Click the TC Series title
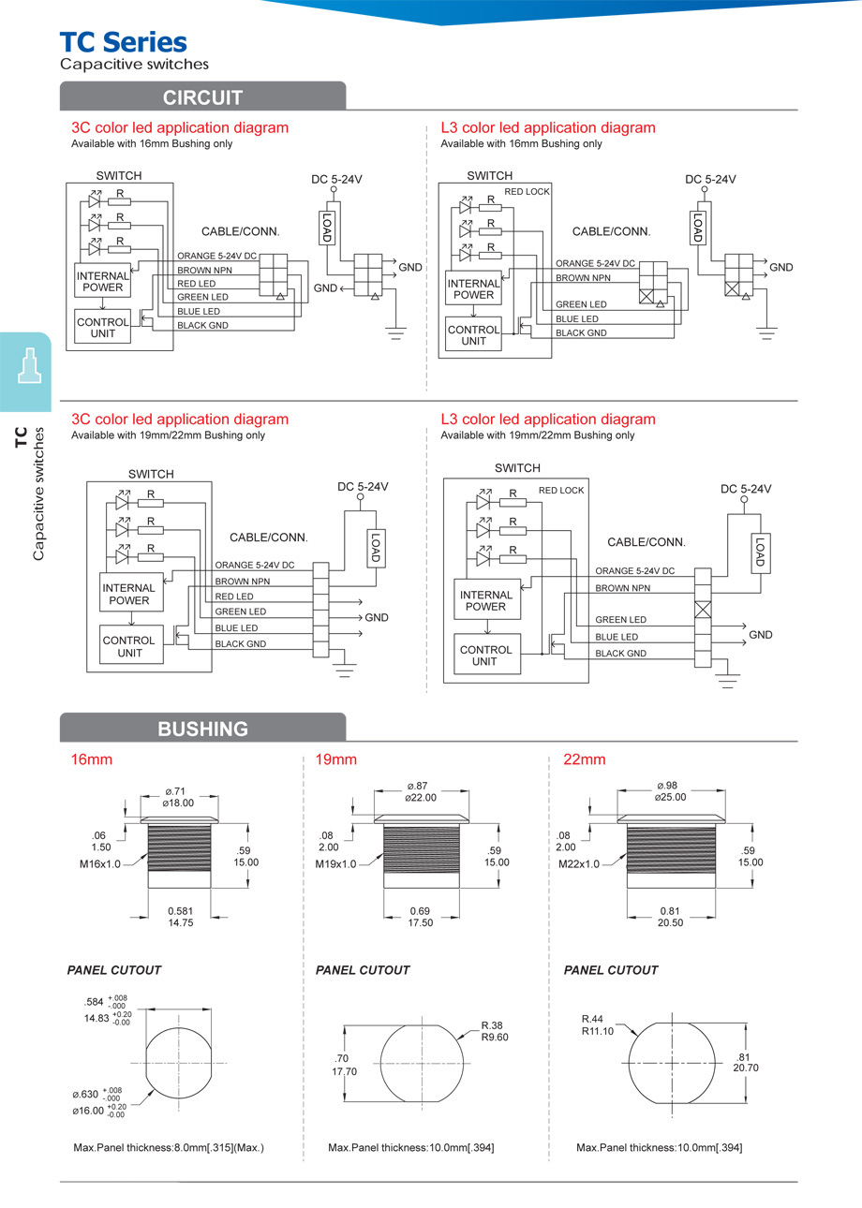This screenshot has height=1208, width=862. tap(123, 42)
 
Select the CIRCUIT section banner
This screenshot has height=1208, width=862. tap(202, 97)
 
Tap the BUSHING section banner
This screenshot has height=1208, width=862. tap(202, 729)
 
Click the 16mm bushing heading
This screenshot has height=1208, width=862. tap(92, 759)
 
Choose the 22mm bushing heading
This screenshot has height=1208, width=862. tap(585, 759)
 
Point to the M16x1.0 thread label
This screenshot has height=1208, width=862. tap(100, 863)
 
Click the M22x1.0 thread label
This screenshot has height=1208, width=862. tap(578, 863)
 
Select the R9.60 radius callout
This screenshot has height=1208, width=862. tap(494, 1037)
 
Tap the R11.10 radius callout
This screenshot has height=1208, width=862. tap(597, 1030)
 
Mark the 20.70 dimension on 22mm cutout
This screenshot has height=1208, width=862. tap(746, 1067)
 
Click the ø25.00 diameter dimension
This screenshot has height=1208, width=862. tap(671, 797)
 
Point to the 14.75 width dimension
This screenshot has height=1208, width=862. tap(180, 922)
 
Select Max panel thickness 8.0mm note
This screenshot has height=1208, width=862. tap(169, 1147)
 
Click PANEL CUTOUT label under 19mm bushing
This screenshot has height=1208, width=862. tap(363, 970)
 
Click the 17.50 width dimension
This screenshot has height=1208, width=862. tap(421, 922)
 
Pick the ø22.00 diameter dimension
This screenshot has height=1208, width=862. tap(421, 797)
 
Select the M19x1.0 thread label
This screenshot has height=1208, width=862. tap(335, 863)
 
